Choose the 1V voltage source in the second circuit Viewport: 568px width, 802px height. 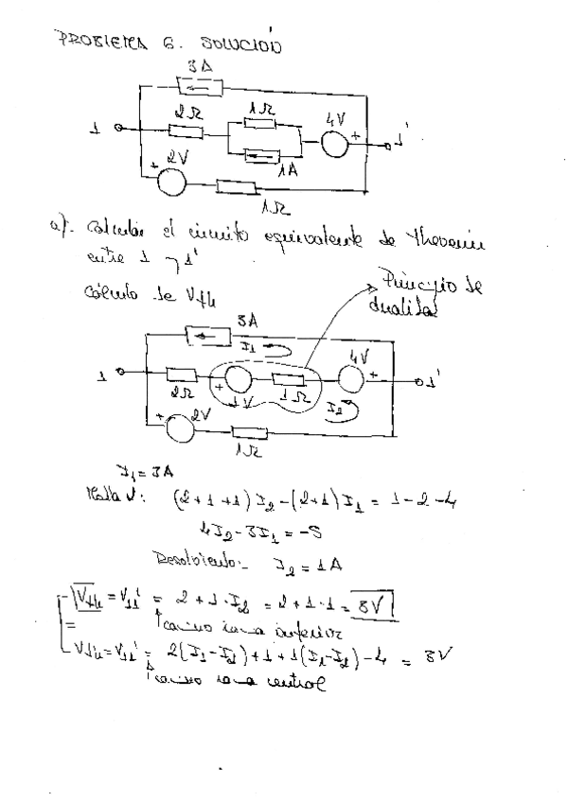[x=238, y=380]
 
